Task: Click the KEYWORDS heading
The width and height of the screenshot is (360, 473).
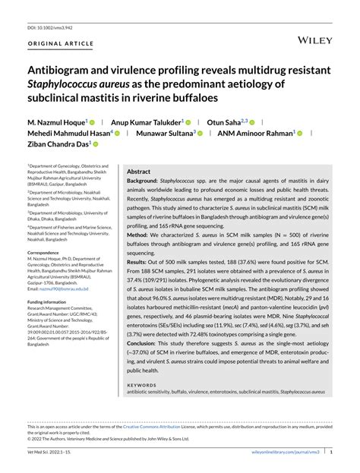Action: point(142,384)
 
